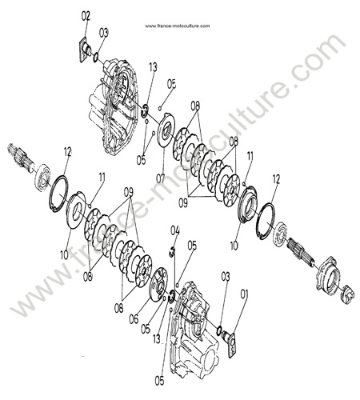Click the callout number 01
(244, 294)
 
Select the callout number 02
(86, 16)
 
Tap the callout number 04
(175, 231)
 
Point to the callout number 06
(134, 319)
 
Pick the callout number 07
(161, 178)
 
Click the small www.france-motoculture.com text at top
(178, 26)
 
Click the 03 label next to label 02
(104, 34)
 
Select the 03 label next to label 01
(226, 277)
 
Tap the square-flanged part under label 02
(85, 50)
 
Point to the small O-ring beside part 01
(219, 330)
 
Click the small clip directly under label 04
(173, 251)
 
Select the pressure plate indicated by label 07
(167, 130)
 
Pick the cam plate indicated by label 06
(159, 284)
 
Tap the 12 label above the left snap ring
(68, 152)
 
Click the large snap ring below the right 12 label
(266, 222)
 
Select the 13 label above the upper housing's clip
(154, 67)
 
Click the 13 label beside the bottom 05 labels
(157, 339)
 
